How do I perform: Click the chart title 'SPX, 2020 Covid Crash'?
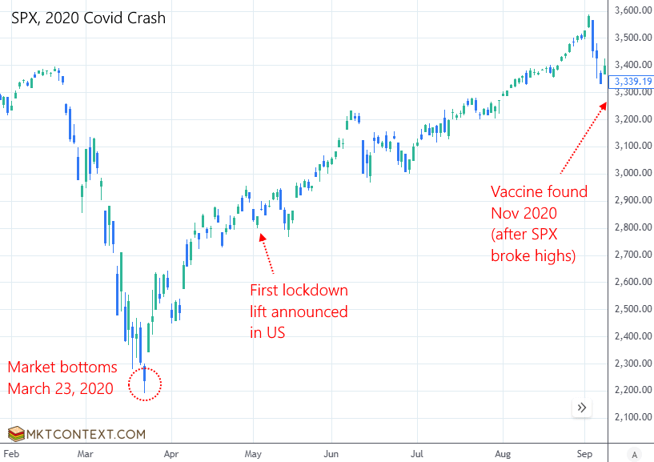coord(88,18)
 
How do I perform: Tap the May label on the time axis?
coord(254,454)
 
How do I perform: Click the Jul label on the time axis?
coord(417,454)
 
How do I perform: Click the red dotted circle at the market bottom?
coord(145,384)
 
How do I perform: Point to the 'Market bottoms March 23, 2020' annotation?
coord(62,378)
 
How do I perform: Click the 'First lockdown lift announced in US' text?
coord(299,311)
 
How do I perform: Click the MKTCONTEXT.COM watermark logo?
coord(77,434)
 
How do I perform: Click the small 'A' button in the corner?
coord(634,454)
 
